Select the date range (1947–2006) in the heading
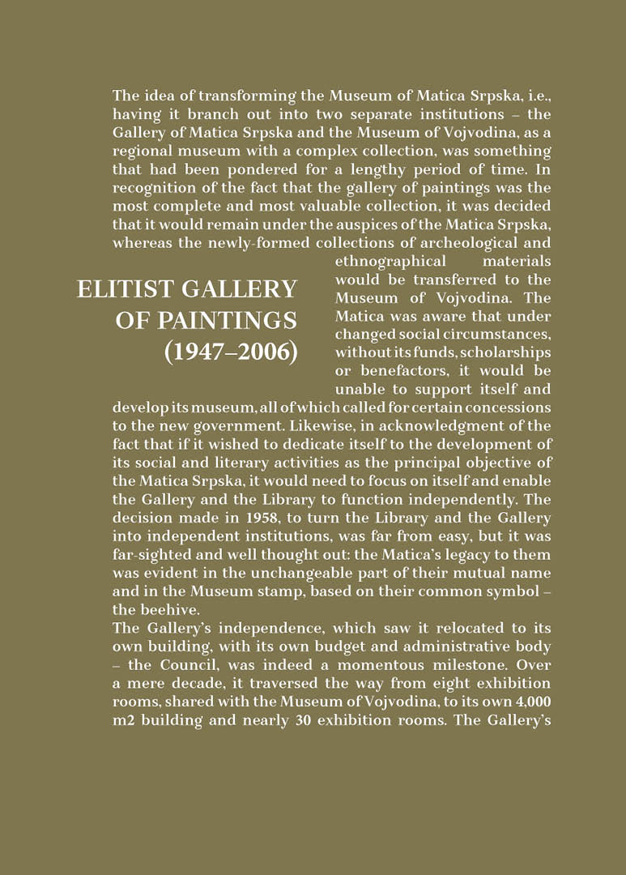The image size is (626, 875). click(231, 353)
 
